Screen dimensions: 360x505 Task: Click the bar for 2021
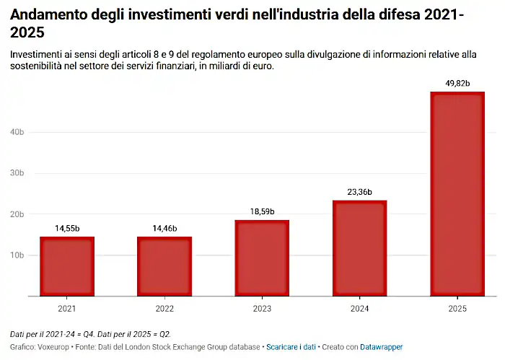pyautogui.click(x=67, y=266)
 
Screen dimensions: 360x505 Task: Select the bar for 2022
pyautogui.click(x=164, y=266)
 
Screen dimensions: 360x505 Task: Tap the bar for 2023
pyautogui.click(x=262, y=258)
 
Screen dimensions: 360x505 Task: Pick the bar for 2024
pyautogui.click(x=359, y=248)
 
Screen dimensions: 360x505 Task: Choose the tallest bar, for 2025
pyautogui.click(x=457, y=194)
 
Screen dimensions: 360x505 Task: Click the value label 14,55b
pyautogui.click(x=67, y=229)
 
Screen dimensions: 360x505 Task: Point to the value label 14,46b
pyautogui.click(x=164, y=229)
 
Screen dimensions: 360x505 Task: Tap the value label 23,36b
pyautogui.click(x=359, y=192)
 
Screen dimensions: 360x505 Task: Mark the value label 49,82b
pyautogui.click(x=457, y=84)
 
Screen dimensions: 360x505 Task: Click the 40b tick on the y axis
pyautogui.click(x=17, y=132)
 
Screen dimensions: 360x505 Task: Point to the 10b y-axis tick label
pyautogui.click(x=17, y=255)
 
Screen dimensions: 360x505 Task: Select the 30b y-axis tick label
pyautogui.click(x=17, y=173)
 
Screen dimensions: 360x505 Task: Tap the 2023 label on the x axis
pyautogui.click(x=262, y=308)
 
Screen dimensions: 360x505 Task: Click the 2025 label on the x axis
pyautogui.click(x=457, y=308)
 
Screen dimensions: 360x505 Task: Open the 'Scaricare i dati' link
pyautogui.click(x=291, y=347)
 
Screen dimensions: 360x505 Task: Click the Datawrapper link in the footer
pyautogui.click(x=382, y=347)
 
